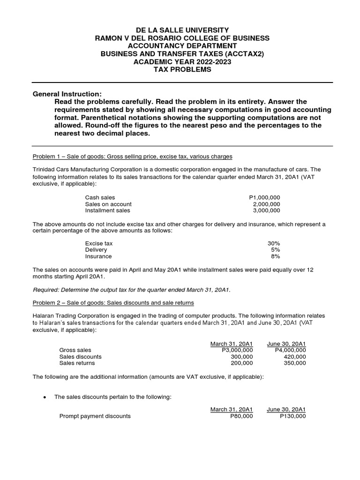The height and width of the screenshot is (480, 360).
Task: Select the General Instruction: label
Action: [x=67, y=94]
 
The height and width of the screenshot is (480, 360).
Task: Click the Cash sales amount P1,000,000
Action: [x=264, y=197]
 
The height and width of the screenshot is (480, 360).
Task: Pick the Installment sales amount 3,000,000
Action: [x=266, y=210]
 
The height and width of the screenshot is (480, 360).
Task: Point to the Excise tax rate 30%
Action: [x=273, y=243]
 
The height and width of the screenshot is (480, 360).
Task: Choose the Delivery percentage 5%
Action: [x=275, y=250]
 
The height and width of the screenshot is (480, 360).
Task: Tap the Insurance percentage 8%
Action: [x=275, y=256]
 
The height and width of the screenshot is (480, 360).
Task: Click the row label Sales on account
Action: [x=108, y=204]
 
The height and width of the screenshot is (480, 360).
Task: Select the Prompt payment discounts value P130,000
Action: [x=292, y=416]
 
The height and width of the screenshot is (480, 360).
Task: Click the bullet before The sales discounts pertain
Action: [x=44, y=397]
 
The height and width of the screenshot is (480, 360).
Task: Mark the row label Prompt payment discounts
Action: [x=95, y=416]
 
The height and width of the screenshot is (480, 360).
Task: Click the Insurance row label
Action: [x=98, y=256]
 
